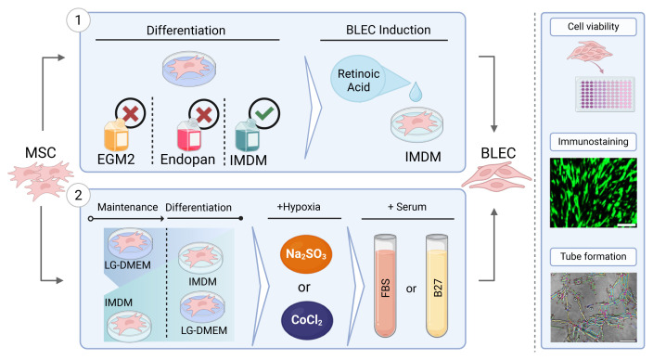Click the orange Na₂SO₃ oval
[306, 253]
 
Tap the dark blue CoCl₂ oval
[307, 320]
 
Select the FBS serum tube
[385, 286]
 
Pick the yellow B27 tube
[437, 286]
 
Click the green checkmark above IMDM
[264, 113]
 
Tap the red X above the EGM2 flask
[131, 113]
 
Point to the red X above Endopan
[204, 114]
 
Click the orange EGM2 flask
[116, 135]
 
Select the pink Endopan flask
[189, 135]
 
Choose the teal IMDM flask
[248, 135]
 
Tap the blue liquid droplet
[416, 92]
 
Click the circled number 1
[78, 19]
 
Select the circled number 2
[78, 195]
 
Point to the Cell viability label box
[593, 27]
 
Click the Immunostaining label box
[593, 142]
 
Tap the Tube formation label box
[593, 256]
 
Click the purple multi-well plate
[605, 94]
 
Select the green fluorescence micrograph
[593, 192]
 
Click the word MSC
[41, 152]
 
